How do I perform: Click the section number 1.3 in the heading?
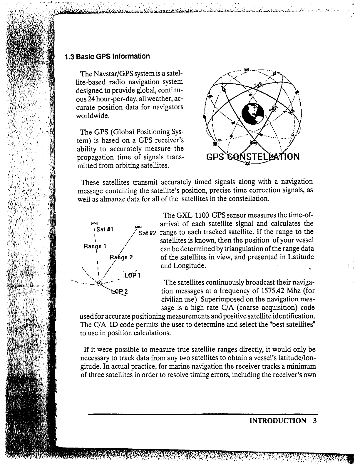point(70,56)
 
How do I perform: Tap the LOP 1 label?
point(133,275)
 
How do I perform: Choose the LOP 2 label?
point(120,292)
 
